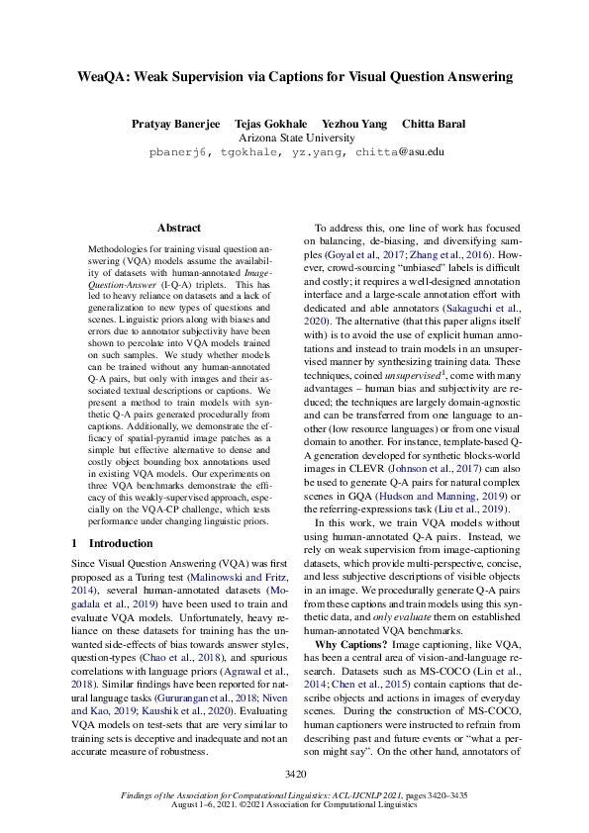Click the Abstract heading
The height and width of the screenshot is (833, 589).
point(178,228)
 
